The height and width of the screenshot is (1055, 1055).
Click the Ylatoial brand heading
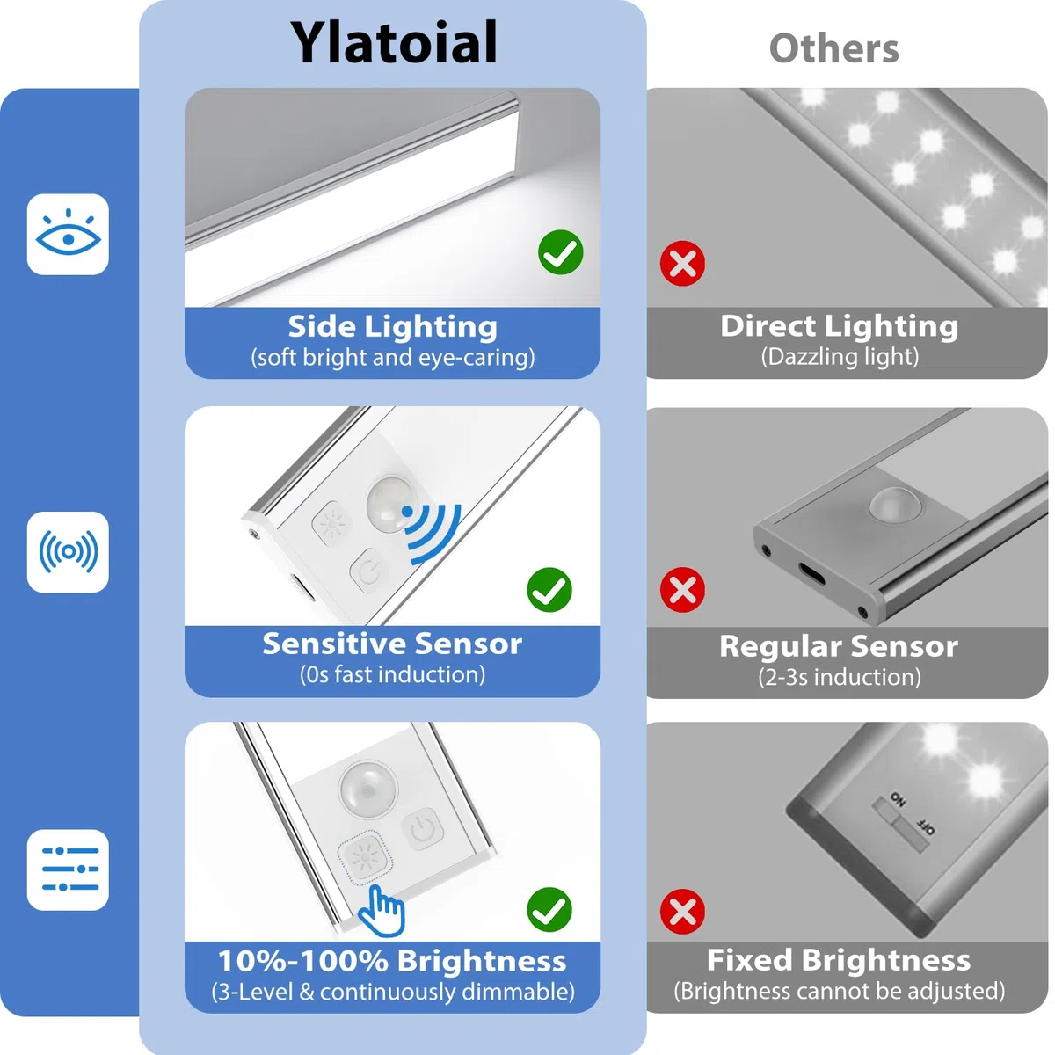[x=394, y=44]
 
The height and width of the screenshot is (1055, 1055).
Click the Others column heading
[x=833, y=49]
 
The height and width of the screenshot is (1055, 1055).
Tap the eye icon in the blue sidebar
[x=68, y=235]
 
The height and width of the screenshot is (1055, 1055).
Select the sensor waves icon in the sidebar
[x=68, y=552]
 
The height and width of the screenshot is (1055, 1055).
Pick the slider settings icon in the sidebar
[x=68, y=869]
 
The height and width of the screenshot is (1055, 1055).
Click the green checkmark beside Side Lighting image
[x=560, y=252]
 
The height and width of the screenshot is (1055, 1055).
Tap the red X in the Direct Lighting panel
[x=682, y=264]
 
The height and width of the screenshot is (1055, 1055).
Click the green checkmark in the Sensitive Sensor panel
[x=549, y=590]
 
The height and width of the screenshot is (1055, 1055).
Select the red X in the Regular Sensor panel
[x=682, y=590]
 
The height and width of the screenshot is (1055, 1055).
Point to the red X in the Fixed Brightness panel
[x=682, y=912]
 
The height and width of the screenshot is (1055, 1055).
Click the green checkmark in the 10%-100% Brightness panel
[x=549, y=909]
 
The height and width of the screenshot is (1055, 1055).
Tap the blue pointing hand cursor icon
[x=382, y=912]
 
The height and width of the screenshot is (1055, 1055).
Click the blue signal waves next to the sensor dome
[x=432, y=533]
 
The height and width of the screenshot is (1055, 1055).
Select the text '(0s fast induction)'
[x=392, y=674]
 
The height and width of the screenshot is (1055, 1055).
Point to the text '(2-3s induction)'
[x=840, y=677]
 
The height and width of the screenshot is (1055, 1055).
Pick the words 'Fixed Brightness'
[x=838, y=960]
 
